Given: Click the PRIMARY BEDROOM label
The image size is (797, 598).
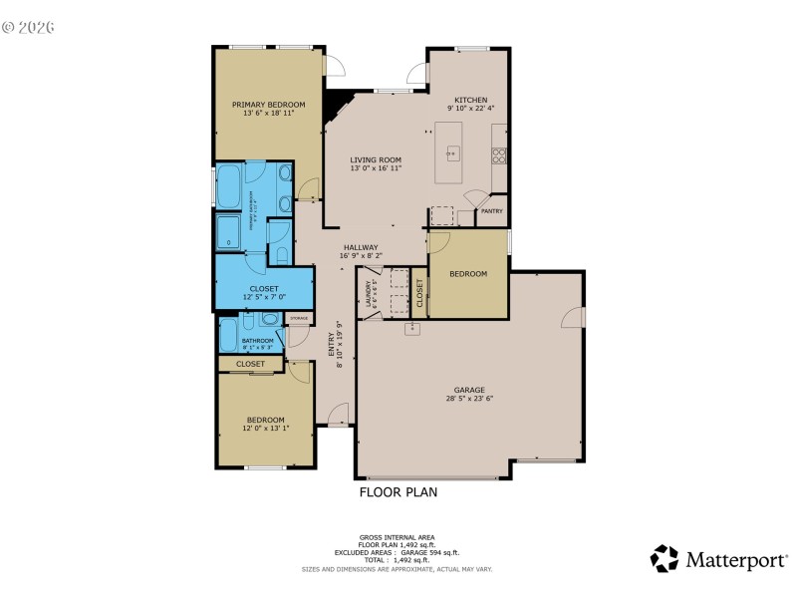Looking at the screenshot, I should coord(268,105).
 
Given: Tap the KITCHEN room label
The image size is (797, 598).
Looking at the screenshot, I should coord(470,101).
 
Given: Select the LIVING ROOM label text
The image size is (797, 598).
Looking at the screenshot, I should coord(375,159).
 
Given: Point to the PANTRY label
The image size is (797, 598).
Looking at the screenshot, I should coord(491,211).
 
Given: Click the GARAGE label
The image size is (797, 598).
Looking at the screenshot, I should coord(469,390).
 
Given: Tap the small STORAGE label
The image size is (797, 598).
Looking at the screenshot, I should coord(299,319).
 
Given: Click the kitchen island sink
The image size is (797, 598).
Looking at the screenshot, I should coord(452,153).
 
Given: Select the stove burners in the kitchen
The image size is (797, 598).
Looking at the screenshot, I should coord(499,154).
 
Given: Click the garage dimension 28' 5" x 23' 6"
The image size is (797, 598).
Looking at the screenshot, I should coord(469,399).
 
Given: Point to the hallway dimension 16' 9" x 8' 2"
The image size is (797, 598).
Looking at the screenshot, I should coord(361,256).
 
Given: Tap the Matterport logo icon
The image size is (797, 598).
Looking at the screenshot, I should coord(664,559).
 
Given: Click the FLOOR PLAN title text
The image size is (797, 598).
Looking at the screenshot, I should coord(398,492).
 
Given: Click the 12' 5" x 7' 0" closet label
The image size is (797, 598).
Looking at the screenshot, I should coord(264,297).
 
